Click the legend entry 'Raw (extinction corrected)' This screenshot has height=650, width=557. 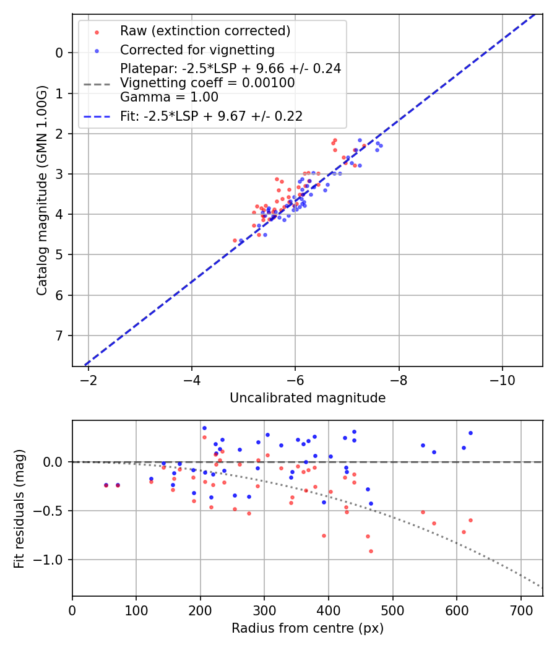point(205,31)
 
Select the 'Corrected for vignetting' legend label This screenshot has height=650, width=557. point(197,50)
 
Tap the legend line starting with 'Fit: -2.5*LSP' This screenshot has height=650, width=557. point(211,116)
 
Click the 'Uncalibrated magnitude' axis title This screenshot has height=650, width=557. point(308,398)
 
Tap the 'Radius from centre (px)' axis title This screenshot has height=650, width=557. point(308,628)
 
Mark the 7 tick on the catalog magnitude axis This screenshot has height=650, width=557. point(59,336)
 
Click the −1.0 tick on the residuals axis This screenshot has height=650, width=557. point(53,560)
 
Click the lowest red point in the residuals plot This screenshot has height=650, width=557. point(371,551)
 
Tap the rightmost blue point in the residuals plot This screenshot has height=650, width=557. point(470,433)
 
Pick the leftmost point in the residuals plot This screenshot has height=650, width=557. point(106,485)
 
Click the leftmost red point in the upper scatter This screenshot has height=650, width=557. point(235,240)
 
